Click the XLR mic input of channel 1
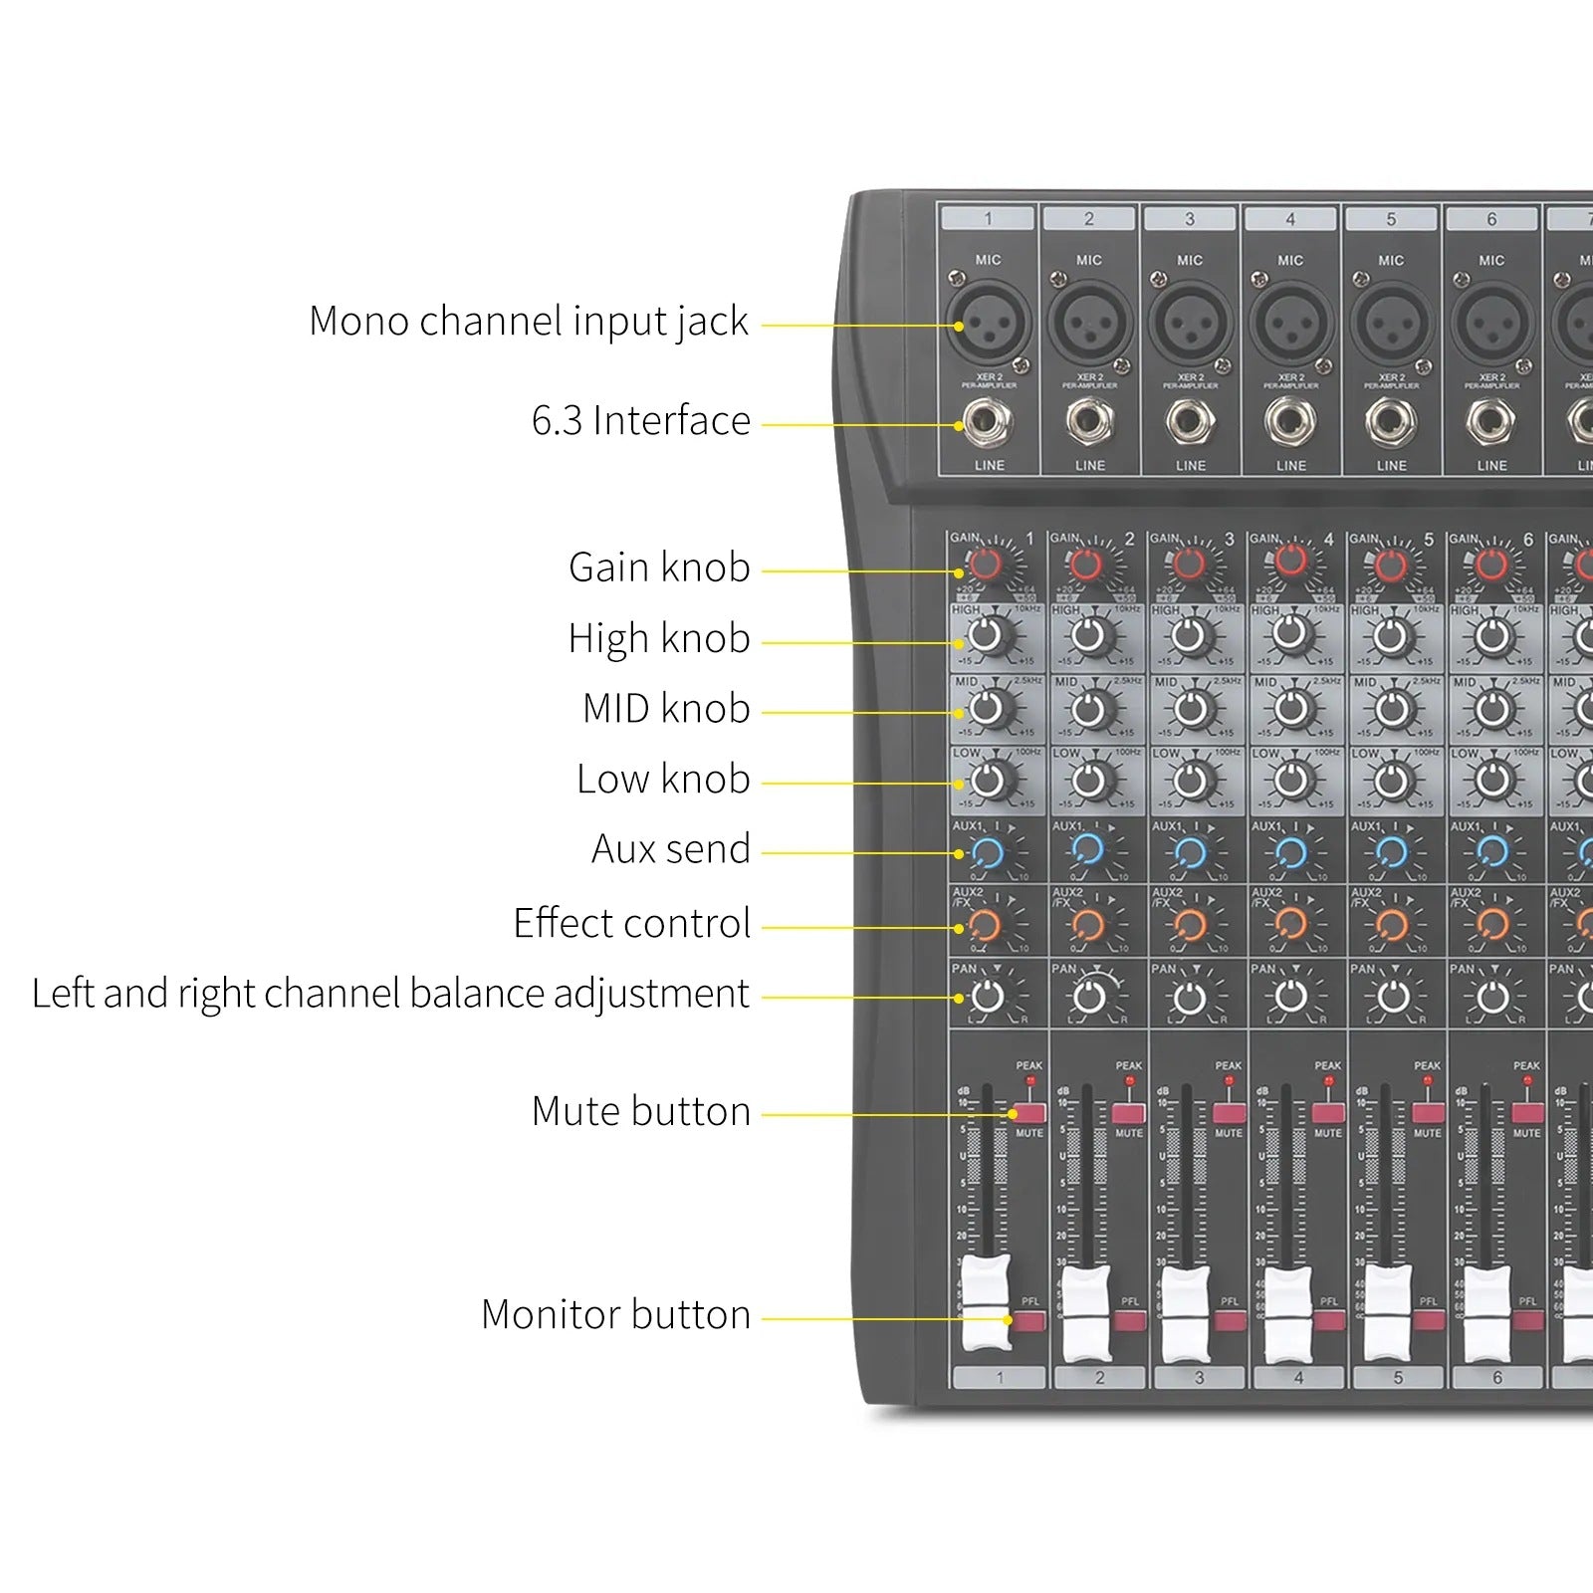(x=988, y=324)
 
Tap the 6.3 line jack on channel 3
(x=1190, y=421)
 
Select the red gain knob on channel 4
(x=1290, y=561)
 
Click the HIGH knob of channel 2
(x=1089, y=634)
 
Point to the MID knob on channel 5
(x=1392, y=709)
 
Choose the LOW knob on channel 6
(x=1491, y=780)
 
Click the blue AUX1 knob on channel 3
(x=1190, y=852)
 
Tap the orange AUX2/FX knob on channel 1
(x=985, y=925)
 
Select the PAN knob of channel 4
(x=1291, y=996)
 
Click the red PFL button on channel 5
(x=1429, y=1320)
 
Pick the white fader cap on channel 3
(x=1186, y=1312)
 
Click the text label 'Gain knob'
(x=659, y=568)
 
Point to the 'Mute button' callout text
(x=641, y=1111)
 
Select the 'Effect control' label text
(x=631, y=924)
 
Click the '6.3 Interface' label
(x=641, y=421)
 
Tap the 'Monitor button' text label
(x=615, y=1315)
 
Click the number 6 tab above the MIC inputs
(x=1491, y=219)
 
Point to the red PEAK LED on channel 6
(x=1528, y=1080)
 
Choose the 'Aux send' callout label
(x=670, y=849)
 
